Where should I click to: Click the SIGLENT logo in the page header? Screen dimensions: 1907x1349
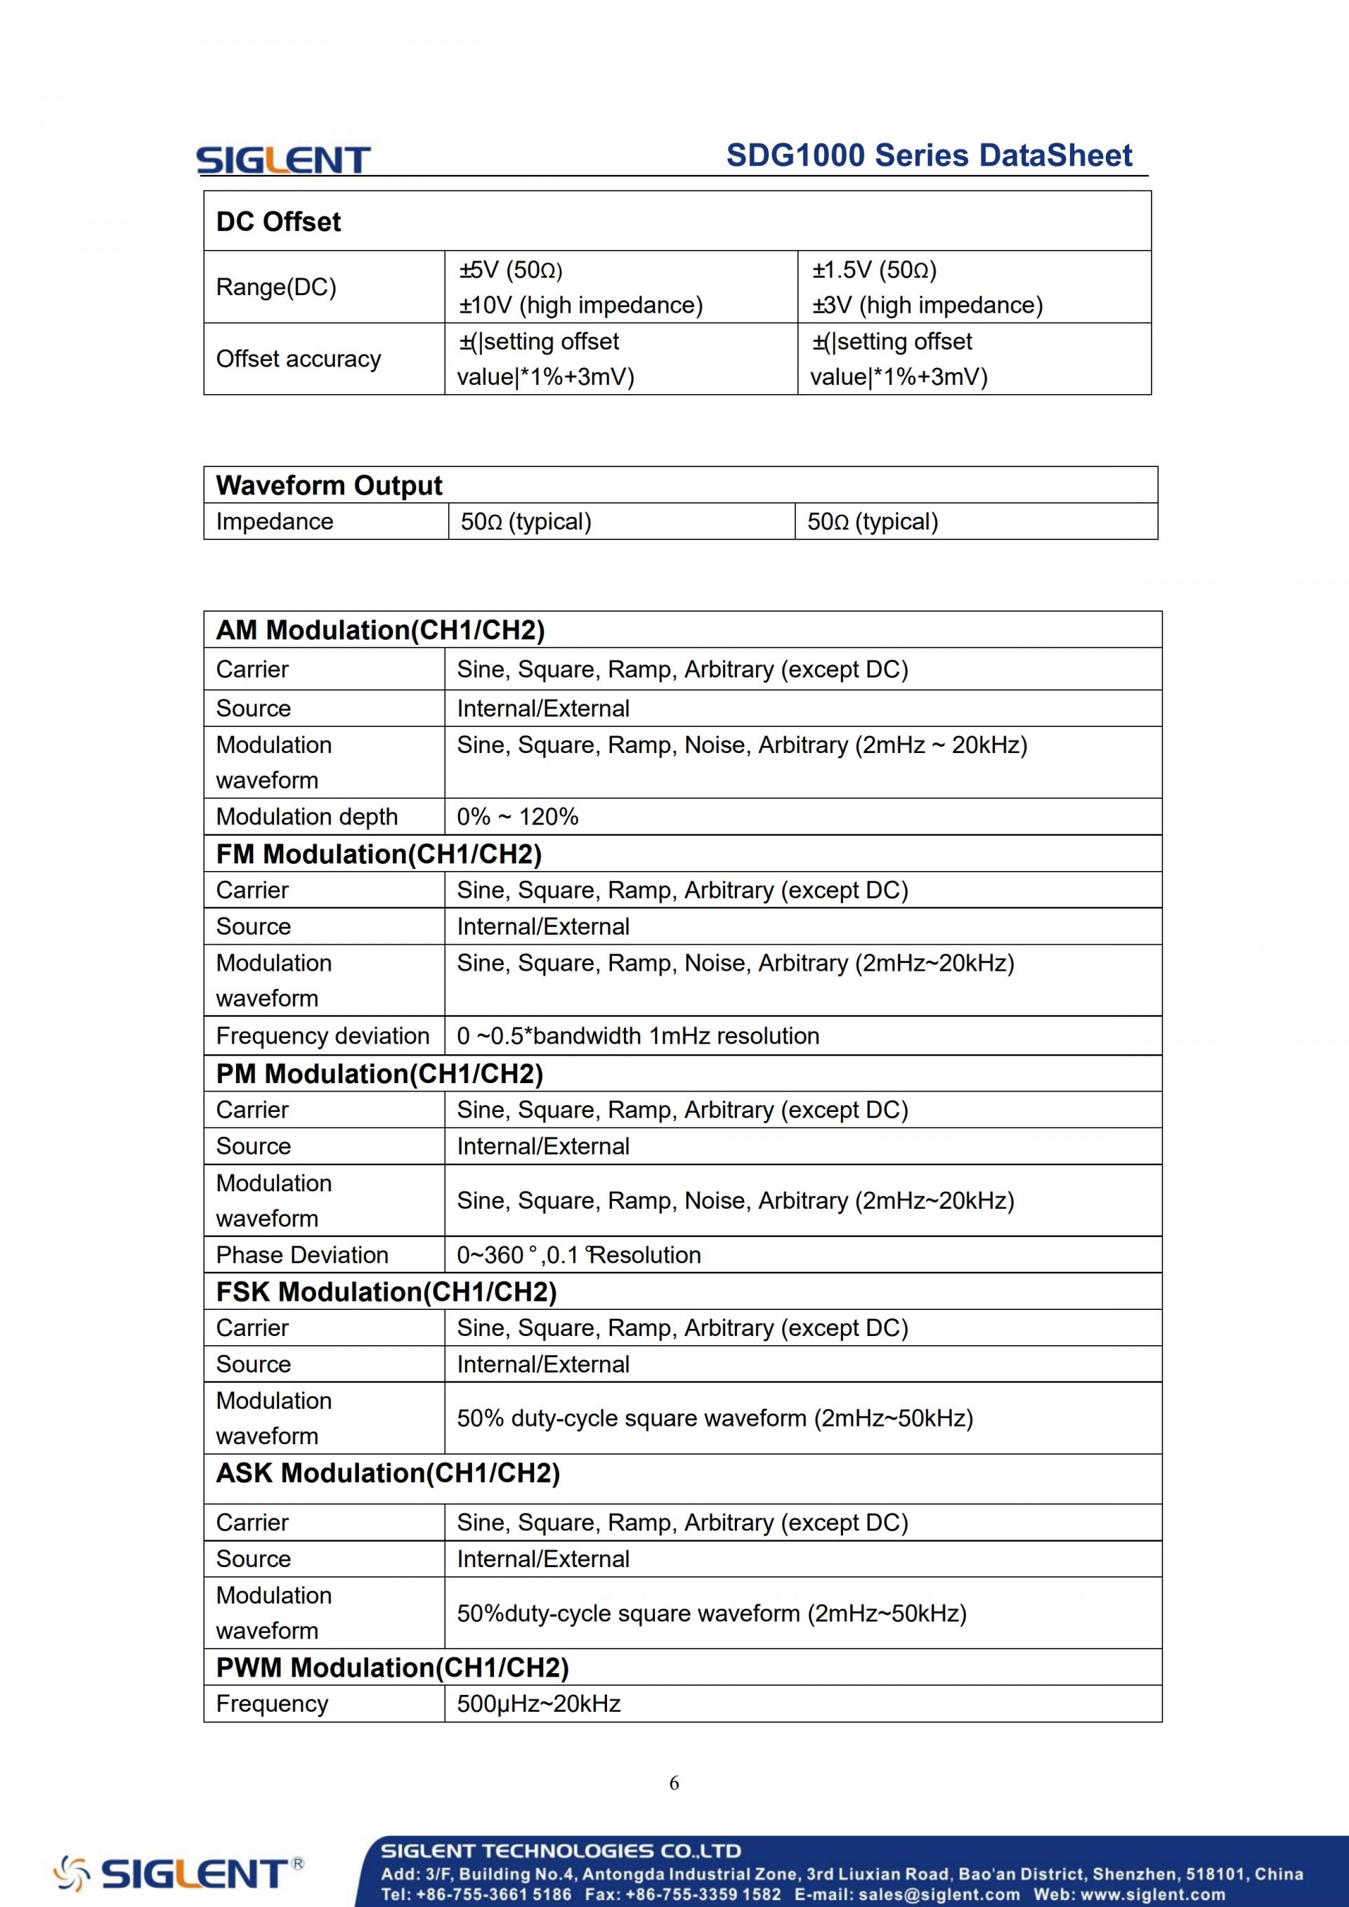click(282, 159)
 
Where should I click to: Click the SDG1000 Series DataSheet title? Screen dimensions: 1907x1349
click(929, 156)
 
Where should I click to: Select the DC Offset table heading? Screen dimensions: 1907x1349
click(278, 222)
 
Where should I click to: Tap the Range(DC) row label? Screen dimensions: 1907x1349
click(276, 287)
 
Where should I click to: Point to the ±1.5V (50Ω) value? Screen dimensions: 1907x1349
click(874, 270)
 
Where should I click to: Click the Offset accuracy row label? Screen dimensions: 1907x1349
click(298, 359)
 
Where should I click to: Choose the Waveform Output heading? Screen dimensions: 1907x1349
click(329, 485)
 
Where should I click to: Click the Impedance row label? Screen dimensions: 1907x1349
click(274, 522)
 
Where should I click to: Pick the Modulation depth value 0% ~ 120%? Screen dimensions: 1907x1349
click(518, 816)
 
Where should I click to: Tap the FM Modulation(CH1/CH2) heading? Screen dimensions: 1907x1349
click(379, 854)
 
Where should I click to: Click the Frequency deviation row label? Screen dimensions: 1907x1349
click(322, 1036)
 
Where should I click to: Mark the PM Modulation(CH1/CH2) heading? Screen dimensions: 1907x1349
click(379, 1074)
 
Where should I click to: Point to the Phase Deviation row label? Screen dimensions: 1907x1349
click(302, 1255)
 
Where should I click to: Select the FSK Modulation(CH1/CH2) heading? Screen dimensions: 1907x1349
click(386, 1292)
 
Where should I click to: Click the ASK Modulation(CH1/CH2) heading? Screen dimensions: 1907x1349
click(388, 1473)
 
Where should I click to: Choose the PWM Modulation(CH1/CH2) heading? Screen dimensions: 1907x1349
click(392, 1667)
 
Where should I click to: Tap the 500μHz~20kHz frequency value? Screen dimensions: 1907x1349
click(539, 1703)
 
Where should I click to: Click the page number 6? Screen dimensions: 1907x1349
click(674, 1783)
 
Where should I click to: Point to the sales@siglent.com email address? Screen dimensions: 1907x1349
click(939, 1894)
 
